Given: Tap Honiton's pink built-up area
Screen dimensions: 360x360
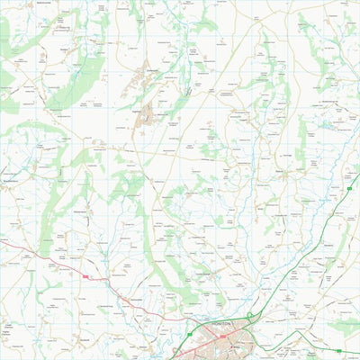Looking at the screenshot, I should [225, 340].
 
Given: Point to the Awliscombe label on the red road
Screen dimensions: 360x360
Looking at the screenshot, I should [135, 298].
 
